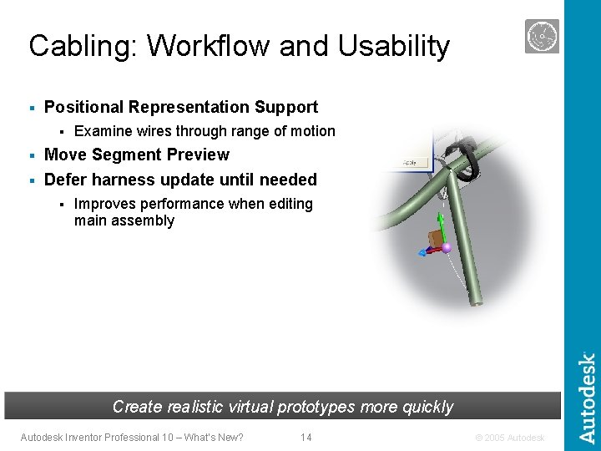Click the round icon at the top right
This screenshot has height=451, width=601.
click(x=542, y=37)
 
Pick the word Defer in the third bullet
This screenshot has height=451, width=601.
click(x=64, y=180)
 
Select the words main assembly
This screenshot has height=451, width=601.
click(x=124, y=221)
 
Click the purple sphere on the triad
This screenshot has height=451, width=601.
click(x=447, y=247)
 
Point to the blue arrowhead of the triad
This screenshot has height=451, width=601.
click(x=422, y=253)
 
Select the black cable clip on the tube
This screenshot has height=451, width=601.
click(x=463, y=163)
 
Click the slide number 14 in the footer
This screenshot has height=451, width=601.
click(x=306, y=437)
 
